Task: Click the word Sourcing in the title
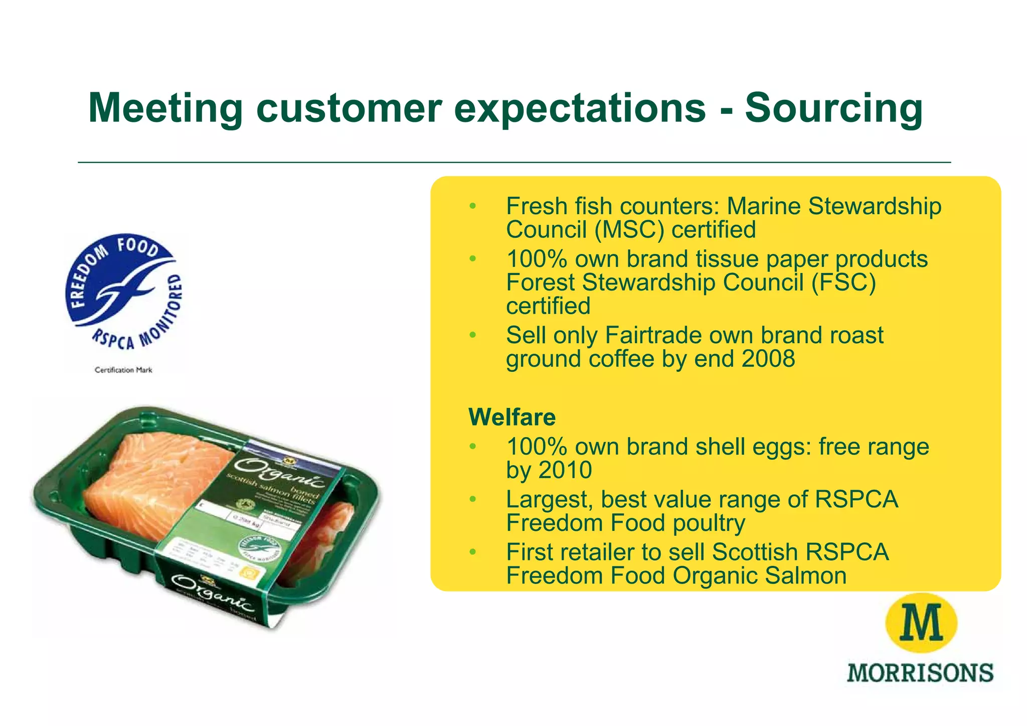click(833, 108)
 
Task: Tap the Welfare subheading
click(512, 417)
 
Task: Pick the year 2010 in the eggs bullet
click(565, 471)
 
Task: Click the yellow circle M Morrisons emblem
click(921, 623)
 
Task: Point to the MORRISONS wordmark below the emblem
click(920, 672)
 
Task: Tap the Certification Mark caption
click(123, 370)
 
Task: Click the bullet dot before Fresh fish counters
click(472, 206)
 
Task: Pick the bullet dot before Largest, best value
click(472, 500)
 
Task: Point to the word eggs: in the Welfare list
click(787, 447)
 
